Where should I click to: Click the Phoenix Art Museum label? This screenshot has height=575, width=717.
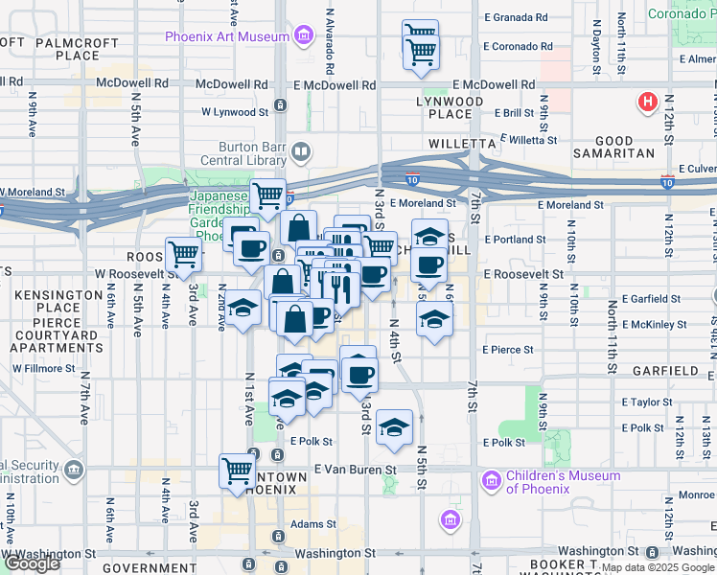(x=226, y=37)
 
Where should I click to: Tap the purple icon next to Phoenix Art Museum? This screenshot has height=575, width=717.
(x=304, y=37)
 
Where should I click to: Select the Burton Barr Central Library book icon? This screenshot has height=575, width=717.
(x=301, y=151)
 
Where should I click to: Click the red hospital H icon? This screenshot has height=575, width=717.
(x=648, y=101)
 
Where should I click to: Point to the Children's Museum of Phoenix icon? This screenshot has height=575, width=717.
(x=491, y=479)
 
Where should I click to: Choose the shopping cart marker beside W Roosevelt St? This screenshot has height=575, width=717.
(x=183, y=254)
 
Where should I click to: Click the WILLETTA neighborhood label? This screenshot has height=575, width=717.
(x=459, y=143)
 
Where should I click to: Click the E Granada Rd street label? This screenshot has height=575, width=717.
(x=517, y=18)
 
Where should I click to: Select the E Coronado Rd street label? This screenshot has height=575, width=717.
(x=518, y=46)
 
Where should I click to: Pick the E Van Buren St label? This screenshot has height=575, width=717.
(x=355, y=471)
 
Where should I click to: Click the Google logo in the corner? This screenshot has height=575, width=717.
(x=32, y=563)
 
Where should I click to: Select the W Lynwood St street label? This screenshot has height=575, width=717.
(x=234, y=111)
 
